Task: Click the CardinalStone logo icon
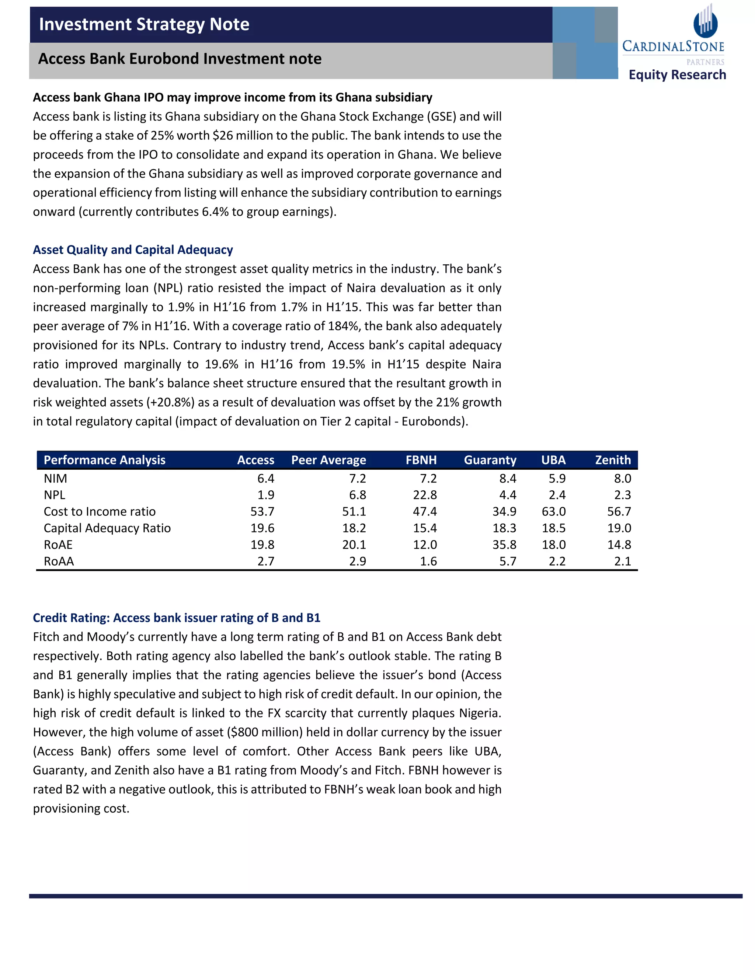tap(705, 21)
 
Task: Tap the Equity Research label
tap(677, 75)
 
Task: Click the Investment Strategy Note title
tap(144, 24)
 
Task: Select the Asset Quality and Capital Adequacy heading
tap(133, 250)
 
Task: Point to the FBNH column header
tap(421, 460)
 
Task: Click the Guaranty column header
tap(490, 460)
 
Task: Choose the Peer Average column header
tap(328, 460)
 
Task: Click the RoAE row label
tap(58, 545)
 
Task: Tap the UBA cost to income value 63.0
tap(553, 511)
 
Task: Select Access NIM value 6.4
tap(266, 479)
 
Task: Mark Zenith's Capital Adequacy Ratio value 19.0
tap(619, 528)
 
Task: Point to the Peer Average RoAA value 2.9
tap(357, 561)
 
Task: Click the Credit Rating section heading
tap(177, 618)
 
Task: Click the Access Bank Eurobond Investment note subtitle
tap(180, 59)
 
